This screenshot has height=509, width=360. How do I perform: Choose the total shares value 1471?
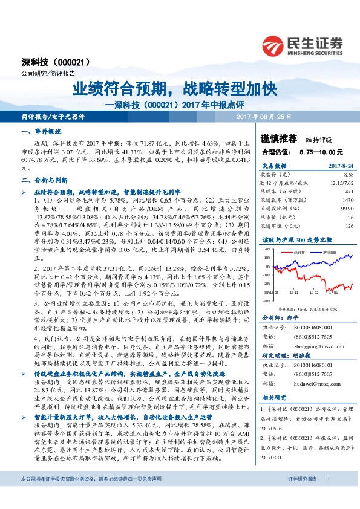click(347, 191)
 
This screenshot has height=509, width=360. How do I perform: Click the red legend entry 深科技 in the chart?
click(299, 248)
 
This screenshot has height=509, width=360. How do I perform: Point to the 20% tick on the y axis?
click(267, 256)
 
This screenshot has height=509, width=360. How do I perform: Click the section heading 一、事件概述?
click(38, 131)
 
